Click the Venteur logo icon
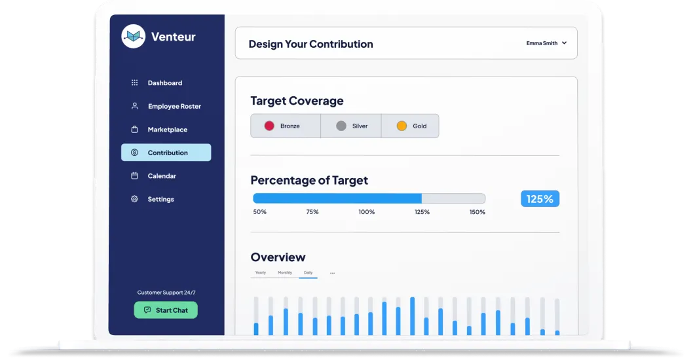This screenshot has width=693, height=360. pyautogui.click(x=133, y=36)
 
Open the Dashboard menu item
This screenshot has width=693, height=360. pyautogui.click(x=164, y=83)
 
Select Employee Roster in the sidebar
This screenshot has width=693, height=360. pyautogui.click(x=174, y=106)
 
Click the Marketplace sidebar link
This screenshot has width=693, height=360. pyautogui.click(x=167, y=130)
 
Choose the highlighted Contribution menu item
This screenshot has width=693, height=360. pyautogui.click(x=166, y=153)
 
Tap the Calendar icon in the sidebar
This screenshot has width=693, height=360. pyautogui.click(x=134, y=176)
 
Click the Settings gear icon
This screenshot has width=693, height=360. pyautogui.click(x=134, y=199)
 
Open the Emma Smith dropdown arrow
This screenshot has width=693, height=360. pyautogui.click(x=565, y=43)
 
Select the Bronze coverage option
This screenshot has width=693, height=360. pyautogui.click(x=286, y=126)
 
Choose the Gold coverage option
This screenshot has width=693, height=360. pyautogui.click(x=411, y=126)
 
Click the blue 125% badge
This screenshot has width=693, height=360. pyautogui.click(x=540, y=199)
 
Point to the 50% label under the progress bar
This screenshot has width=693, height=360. pyautogui.click(x=260, y=212)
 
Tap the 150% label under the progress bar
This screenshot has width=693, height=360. pyautogui.click(x=477, y=212)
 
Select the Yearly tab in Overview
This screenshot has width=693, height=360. pyautogui.click(x=261, y=272)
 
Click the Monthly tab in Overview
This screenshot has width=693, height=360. pyautogui.click(x=285, y=272)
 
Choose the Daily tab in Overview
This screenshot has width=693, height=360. pyautogui.click(x=308, y=272)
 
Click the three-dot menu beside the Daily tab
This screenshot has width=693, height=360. pyautogui.click(x=332, y=273)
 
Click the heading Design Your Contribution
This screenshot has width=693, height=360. pyautogui.click(x=310, y=44)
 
